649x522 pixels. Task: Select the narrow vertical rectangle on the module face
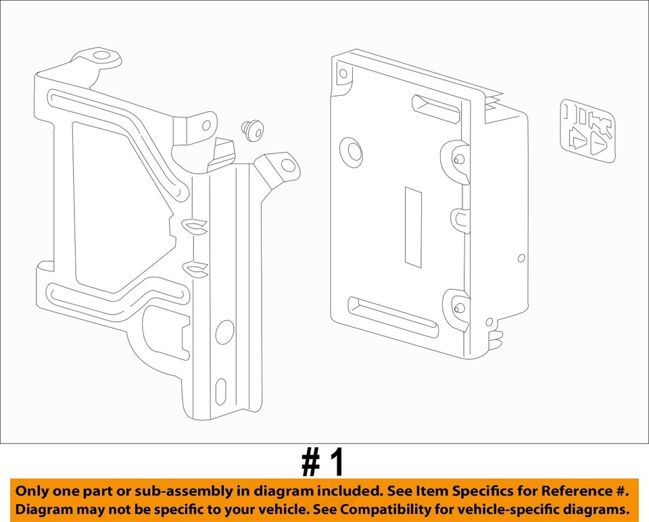click(413, 226)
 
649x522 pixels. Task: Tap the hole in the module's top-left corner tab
click(343, 73)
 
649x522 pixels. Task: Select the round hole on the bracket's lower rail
click(224, 332)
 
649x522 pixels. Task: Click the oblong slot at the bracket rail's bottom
click(222, 392)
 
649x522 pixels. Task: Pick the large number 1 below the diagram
click(335, 463)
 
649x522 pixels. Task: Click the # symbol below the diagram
click(310, 463)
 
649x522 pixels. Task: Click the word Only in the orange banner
click(32, 491)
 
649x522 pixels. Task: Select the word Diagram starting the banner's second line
click(42, 508)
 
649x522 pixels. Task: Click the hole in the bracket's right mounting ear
click(288, 165)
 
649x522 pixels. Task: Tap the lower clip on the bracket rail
click(196, 269)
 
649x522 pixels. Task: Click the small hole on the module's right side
click(521, 257)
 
